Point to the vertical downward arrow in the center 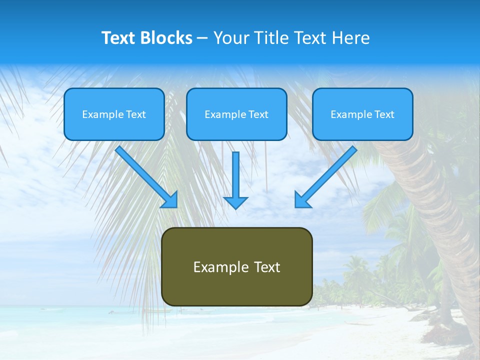point(235,175)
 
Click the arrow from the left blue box point(145,175)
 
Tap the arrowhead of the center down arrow point(235,202)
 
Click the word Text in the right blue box point(384,114)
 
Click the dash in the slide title point(203,38)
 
